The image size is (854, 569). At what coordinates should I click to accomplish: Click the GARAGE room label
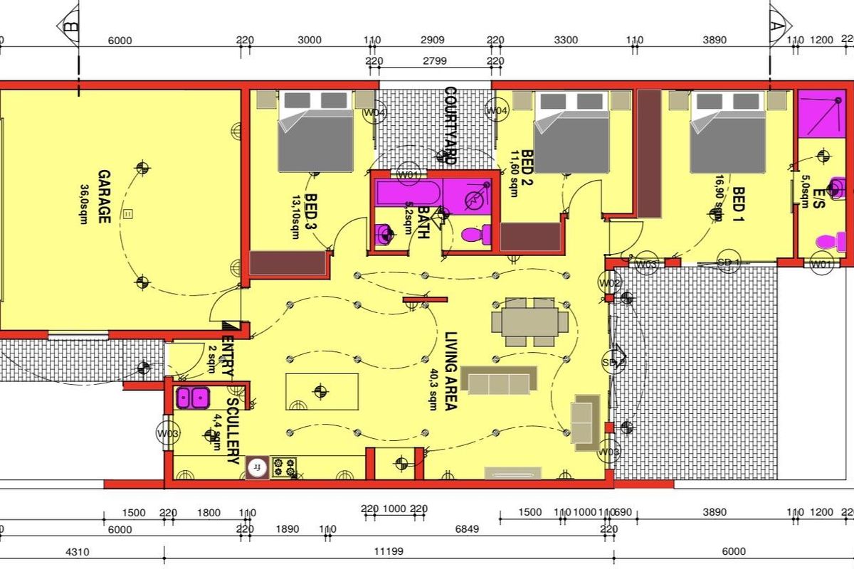click(104, 196)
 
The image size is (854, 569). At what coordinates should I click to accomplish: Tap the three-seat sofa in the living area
click(499, 380)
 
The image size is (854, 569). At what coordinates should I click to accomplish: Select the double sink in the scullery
click(192, 398)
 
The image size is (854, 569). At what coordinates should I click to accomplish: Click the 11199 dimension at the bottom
click(388, 551)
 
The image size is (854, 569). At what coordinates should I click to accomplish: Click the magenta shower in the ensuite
click(823, 115)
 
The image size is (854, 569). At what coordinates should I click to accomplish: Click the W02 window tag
click(611, 284)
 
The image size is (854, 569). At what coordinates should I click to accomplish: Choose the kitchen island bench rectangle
click(322, 391)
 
